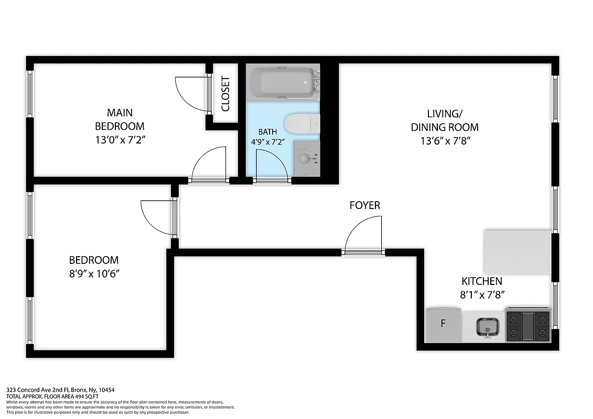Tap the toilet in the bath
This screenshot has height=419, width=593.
pos(303,125)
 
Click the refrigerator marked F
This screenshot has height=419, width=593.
pos(444,324)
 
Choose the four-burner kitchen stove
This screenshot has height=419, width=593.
pos(527,326)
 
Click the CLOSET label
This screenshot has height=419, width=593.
pos(225,94)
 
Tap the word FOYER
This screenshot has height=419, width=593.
pos(364,205)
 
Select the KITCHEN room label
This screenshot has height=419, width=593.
pos(481,281)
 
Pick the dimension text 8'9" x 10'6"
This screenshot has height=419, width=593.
pos(94,273)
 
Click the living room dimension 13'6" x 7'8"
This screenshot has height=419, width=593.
pos(444,140)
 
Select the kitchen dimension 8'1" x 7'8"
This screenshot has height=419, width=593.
pos(482,295)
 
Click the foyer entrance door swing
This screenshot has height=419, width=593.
pos(363,235)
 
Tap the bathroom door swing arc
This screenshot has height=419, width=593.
pos(272,166)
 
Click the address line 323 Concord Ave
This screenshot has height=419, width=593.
pos(60,390)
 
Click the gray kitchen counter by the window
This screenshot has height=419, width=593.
pos(517,251)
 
